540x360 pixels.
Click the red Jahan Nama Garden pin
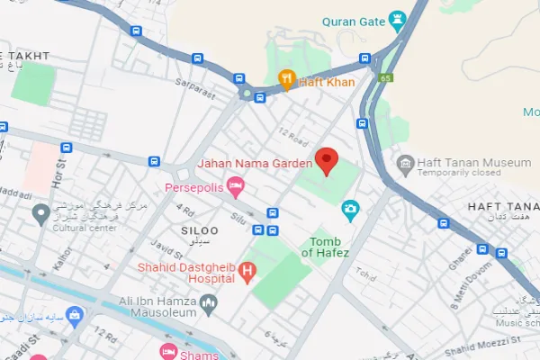[x=328, y=160]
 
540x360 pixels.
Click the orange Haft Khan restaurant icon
[x=287, y=81]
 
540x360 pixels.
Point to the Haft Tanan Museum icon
[x=405, y=163]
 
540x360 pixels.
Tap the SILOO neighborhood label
[x=199, y=231]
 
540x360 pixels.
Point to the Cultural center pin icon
[x=40, y=213]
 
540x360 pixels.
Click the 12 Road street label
[x=294, y=134]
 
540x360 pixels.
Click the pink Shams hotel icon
[x=166, y=351]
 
